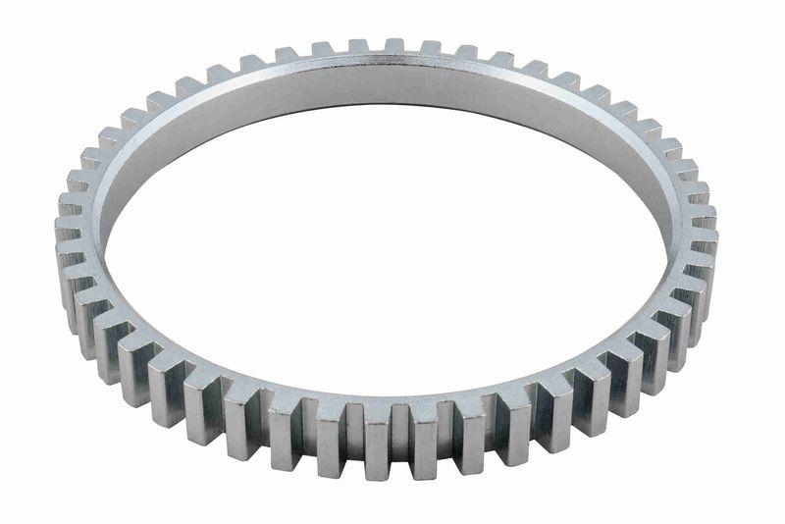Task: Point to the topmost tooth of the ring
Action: click(394, 45)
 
